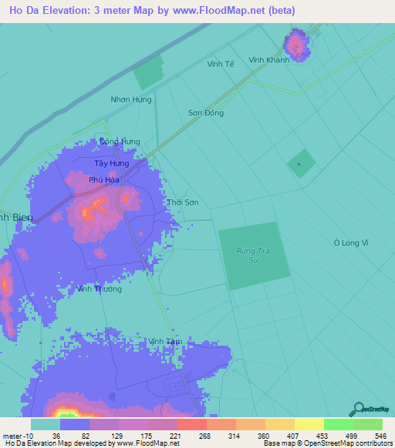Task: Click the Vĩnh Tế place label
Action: pos(221,64)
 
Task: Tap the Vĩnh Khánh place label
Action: pos(268,60)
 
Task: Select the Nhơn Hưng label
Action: pos(131,99)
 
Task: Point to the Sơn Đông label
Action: pos(206,113)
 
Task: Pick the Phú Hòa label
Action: pos(104,180)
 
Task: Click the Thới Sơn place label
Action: pos(183,203)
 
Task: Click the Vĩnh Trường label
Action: pos(100,289)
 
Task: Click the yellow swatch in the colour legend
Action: pos(308,424)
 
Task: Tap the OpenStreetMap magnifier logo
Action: pos(357,410)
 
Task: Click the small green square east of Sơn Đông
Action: pos(301,163)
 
